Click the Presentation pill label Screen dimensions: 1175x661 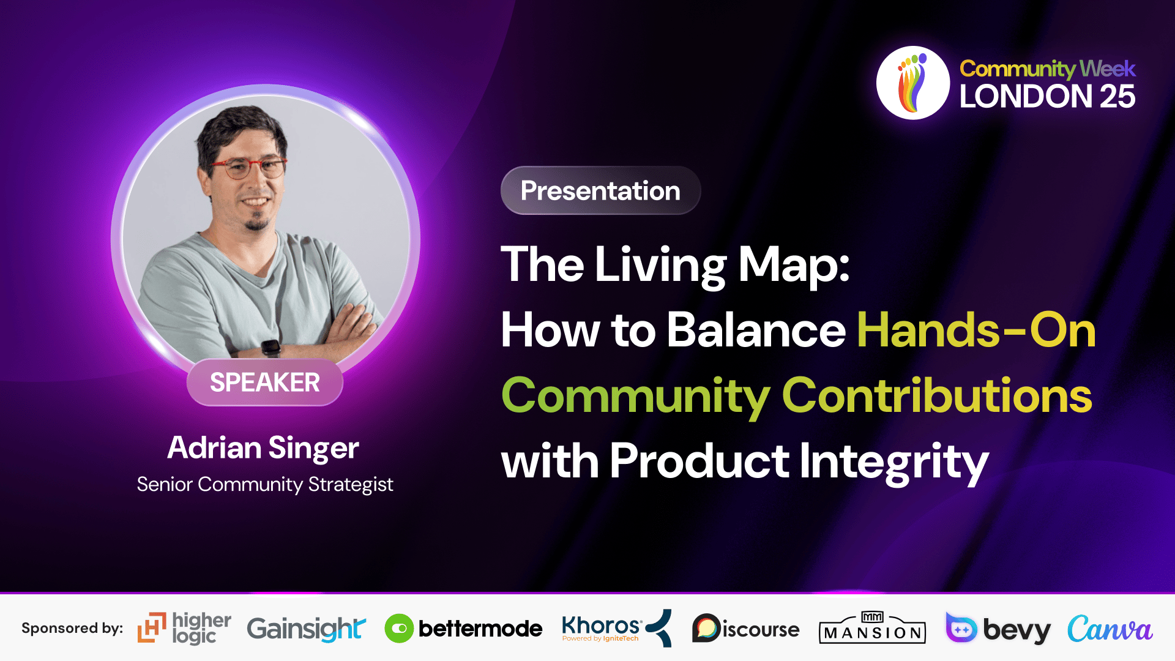click(600, 190)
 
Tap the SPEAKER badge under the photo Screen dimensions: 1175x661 click(265, 383)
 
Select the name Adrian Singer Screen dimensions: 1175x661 click(263, 448)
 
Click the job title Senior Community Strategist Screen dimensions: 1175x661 click(264, 484)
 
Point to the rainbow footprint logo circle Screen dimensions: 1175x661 click(913, 83)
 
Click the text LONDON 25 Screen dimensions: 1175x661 click(1047, 96)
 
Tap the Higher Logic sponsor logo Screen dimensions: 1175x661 click(184, 628)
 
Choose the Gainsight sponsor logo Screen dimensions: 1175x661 click(306, 629)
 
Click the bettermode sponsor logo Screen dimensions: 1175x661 click(463, 629)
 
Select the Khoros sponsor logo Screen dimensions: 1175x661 click(616, 628)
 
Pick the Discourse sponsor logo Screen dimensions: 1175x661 click(745, 629)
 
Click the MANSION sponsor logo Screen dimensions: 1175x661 click(872, 628)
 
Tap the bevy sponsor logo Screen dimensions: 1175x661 click(998, 629)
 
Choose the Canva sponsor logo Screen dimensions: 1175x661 click(1110, 629)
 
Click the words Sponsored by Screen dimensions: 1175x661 click(72, 629)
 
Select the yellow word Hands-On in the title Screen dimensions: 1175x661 click(976, 330)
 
